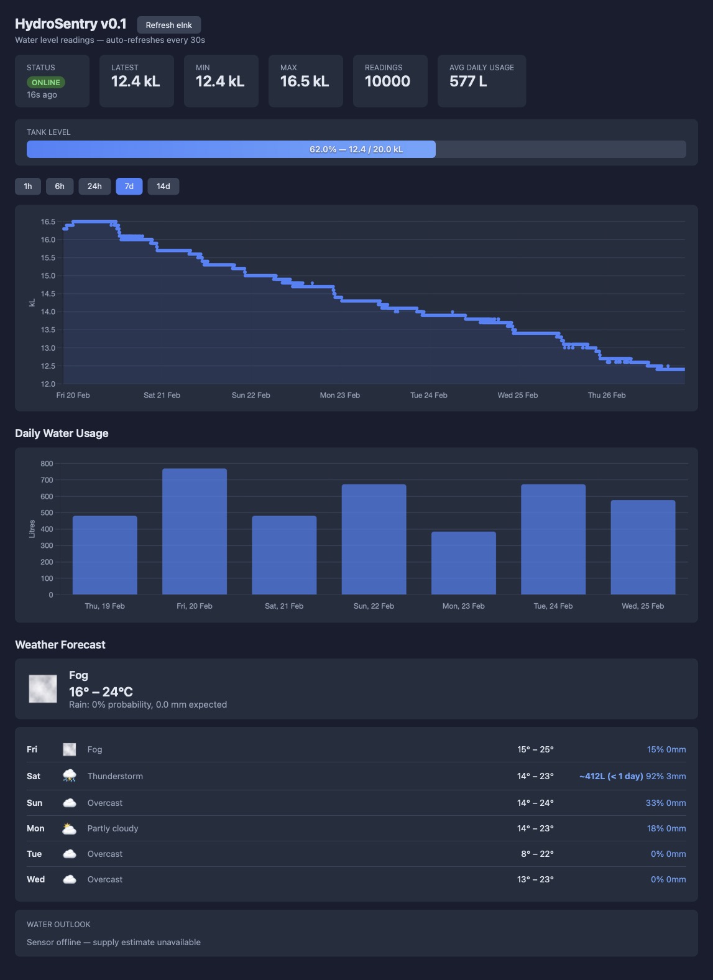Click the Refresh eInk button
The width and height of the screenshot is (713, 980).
168,25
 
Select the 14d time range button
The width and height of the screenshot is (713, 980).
163,186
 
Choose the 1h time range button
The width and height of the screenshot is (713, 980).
28,186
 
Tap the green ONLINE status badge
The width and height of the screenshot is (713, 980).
45,82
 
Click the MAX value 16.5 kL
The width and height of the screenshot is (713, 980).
304,81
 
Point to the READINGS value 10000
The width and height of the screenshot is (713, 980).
387,81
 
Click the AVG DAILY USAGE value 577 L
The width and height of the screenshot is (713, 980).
468,81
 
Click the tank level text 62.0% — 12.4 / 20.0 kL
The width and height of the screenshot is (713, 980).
356,149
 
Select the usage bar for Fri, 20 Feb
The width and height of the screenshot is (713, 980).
195,531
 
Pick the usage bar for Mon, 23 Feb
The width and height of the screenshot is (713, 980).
464,563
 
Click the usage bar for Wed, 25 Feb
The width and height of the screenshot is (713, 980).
643,547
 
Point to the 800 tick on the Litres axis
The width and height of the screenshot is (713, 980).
47,463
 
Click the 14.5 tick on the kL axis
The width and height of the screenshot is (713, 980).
48,294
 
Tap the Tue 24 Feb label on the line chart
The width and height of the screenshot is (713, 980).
428,395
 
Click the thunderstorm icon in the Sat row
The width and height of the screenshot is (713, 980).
70,776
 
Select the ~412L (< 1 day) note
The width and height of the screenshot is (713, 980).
611,776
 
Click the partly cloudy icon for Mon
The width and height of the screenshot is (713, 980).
70,828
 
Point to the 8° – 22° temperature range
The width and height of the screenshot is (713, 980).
537,854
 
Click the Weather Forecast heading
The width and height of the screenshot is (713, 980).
60,645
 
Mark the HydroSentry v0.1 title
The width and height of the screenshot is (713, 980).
71,24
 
